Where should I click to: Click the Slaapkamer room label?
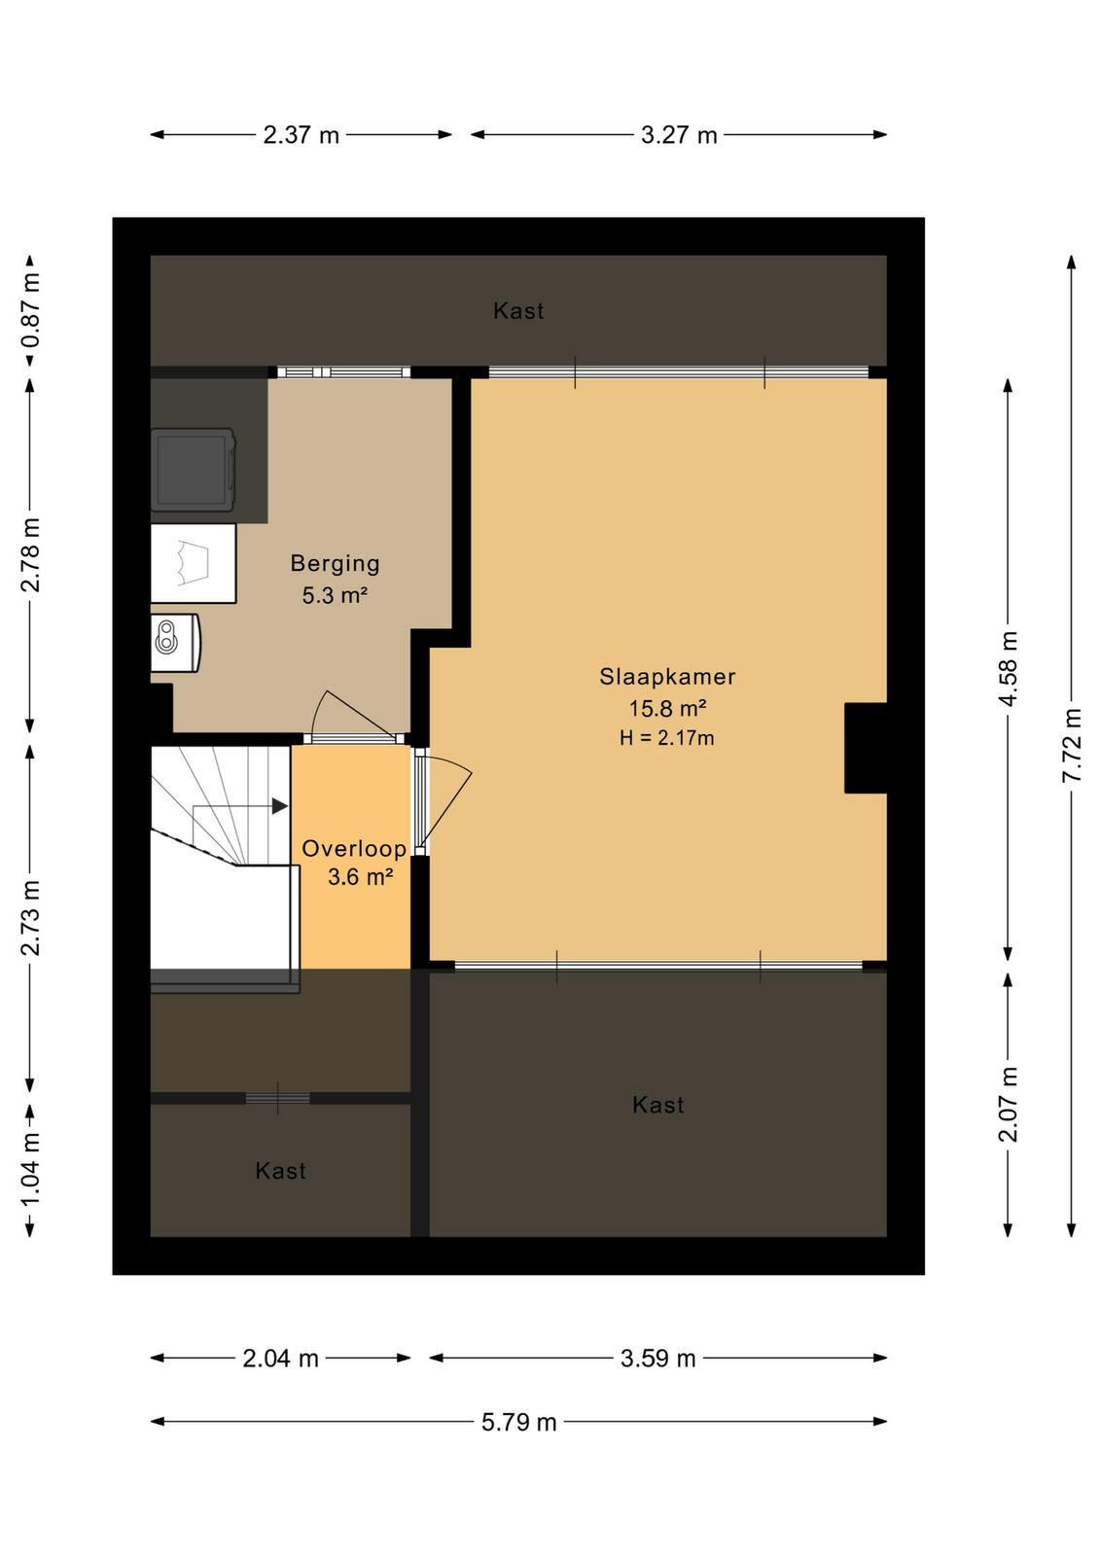(x=667, y=677)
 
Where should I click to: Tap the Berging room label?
(x=335, y=563)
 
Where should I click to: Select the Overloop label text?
(x=354, y=848)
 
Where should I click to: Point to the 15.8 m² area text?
(x=667, y=709)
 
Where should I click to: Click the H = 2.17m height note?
(x=667, y=738)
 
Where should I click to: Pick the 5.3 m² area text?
(x=335, y=595)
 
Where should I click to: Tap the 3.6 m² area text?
(x=361, y=877)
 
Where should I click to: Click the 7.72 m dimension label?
(x=1072, y=745)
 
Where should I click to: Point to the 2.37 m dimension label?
(x=301, y=135)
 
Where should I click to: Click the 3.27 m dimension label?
(x=679, y=135)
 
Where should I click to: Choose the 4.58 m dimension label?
(x=1008, y=669)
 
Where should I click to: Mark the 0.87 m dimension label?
(x=30, y=310)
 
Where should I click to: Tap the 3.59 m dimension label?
(x=657, y=1358)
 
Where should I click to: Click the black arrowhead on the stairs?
(x=279, y=806)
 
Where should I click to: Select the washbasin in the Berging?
(x=176, y=643)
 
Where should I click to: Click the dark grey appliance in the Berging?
(x=194, y=471)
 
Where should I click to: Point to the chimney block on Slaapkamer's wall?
(x=866, y=748)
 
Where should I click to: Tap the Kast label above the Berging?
(x=518, y=310)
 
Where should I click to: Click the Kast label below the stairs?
(x=281, y=1171)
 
